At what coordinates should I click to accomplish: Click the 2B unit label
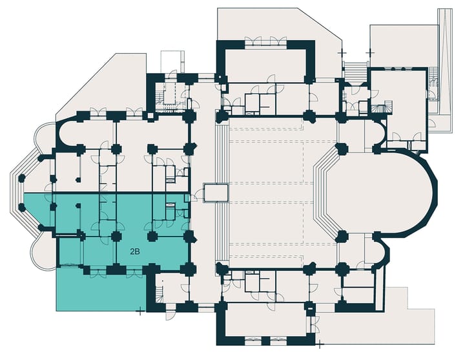click(135, 252)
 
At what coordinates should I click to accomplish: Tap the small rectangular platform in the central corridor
click(216, 193)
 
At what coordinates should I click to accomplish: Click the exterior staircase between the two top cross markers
click(356, 70)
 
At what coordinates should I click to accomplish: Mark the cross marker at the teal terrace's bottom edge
click(140, 312)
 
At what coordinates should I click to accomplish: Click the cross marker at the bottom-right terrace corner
click(320, 345)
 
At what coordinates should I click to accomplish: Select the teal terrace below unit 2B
click(101, 290)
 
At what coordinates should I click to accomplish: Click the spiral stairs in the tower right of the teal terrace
click(160, 291)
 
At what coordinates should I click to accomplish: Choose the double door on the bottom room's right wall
click(316, 324)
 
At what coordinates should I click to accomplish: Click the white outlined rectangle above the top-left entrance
click(172, 61)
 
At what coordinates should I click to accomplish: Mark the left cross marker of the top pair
click(342, 53)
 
